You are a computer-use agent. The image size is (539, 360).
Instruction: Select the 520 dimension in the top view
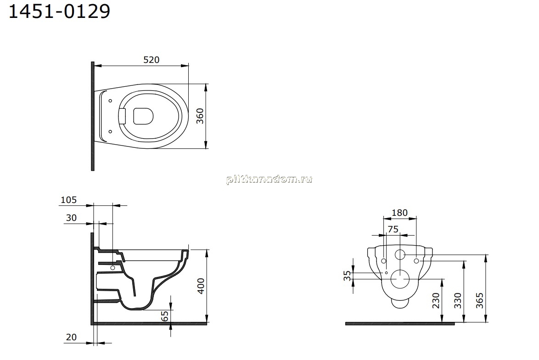pyautogui.click(x=151, y=60)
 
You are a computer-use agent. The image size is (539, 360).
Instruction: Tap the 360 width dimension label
pyautogui.click(x=200, y=116)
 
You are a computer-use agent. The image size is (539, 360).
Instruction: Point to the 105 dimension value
pyautogui.click(x=68, y=200)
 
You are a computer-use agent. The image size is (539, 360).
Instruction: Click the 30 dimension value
pyautogui.click(x=71, y=218)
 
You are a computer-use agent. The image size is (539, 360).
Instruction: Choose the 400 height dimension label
pyautogui.click(x=201, y=286)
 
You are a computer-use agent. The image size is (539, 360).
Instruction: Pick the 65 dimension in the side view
pyautogui.click(x=165, y=315)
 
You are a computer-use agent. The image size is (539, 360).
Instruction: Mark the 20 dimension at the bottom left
pyautogui.click(x=71, y=337)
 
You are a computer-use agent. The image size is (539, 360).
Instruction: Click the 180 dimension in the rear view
pyautogui.click(x=399, y=213)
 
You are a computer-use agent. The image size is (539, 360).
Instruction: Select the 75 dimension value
pyautogui.click(x=393, y=229)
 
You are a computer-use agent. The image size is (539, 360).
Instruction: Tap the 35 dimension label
pyautogui.click(x=348, y=276)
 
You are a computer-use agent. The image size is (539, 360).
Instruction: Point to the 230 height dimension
pyautogui.click(x=436, y=300)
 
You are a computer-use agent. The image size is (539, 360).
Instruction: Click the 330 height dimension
pyautogui.click(x=458, y=300)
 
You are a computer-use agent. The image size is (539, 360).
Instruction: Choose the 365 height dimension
pyautogui.click(x=479, y=300)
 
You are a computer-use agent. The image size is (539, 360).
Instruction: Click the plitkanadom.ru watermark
pyautogui.click(x=269, y=180)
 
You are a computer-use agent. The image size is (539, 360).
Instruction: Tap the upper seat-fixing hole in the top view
pyautogui.click(x=110, y=101)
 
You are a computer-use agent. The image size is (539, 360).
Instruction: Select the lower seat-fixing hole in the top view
pyautogui.click(x=110, y=131)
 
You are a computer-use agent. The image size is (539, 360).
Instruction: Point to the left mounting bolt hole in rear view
pyautogui.click(x=384, y=261)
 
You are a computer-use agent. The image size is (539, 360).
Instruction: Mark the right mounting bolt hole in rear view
pyautogui.click(x=416, y=261)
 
